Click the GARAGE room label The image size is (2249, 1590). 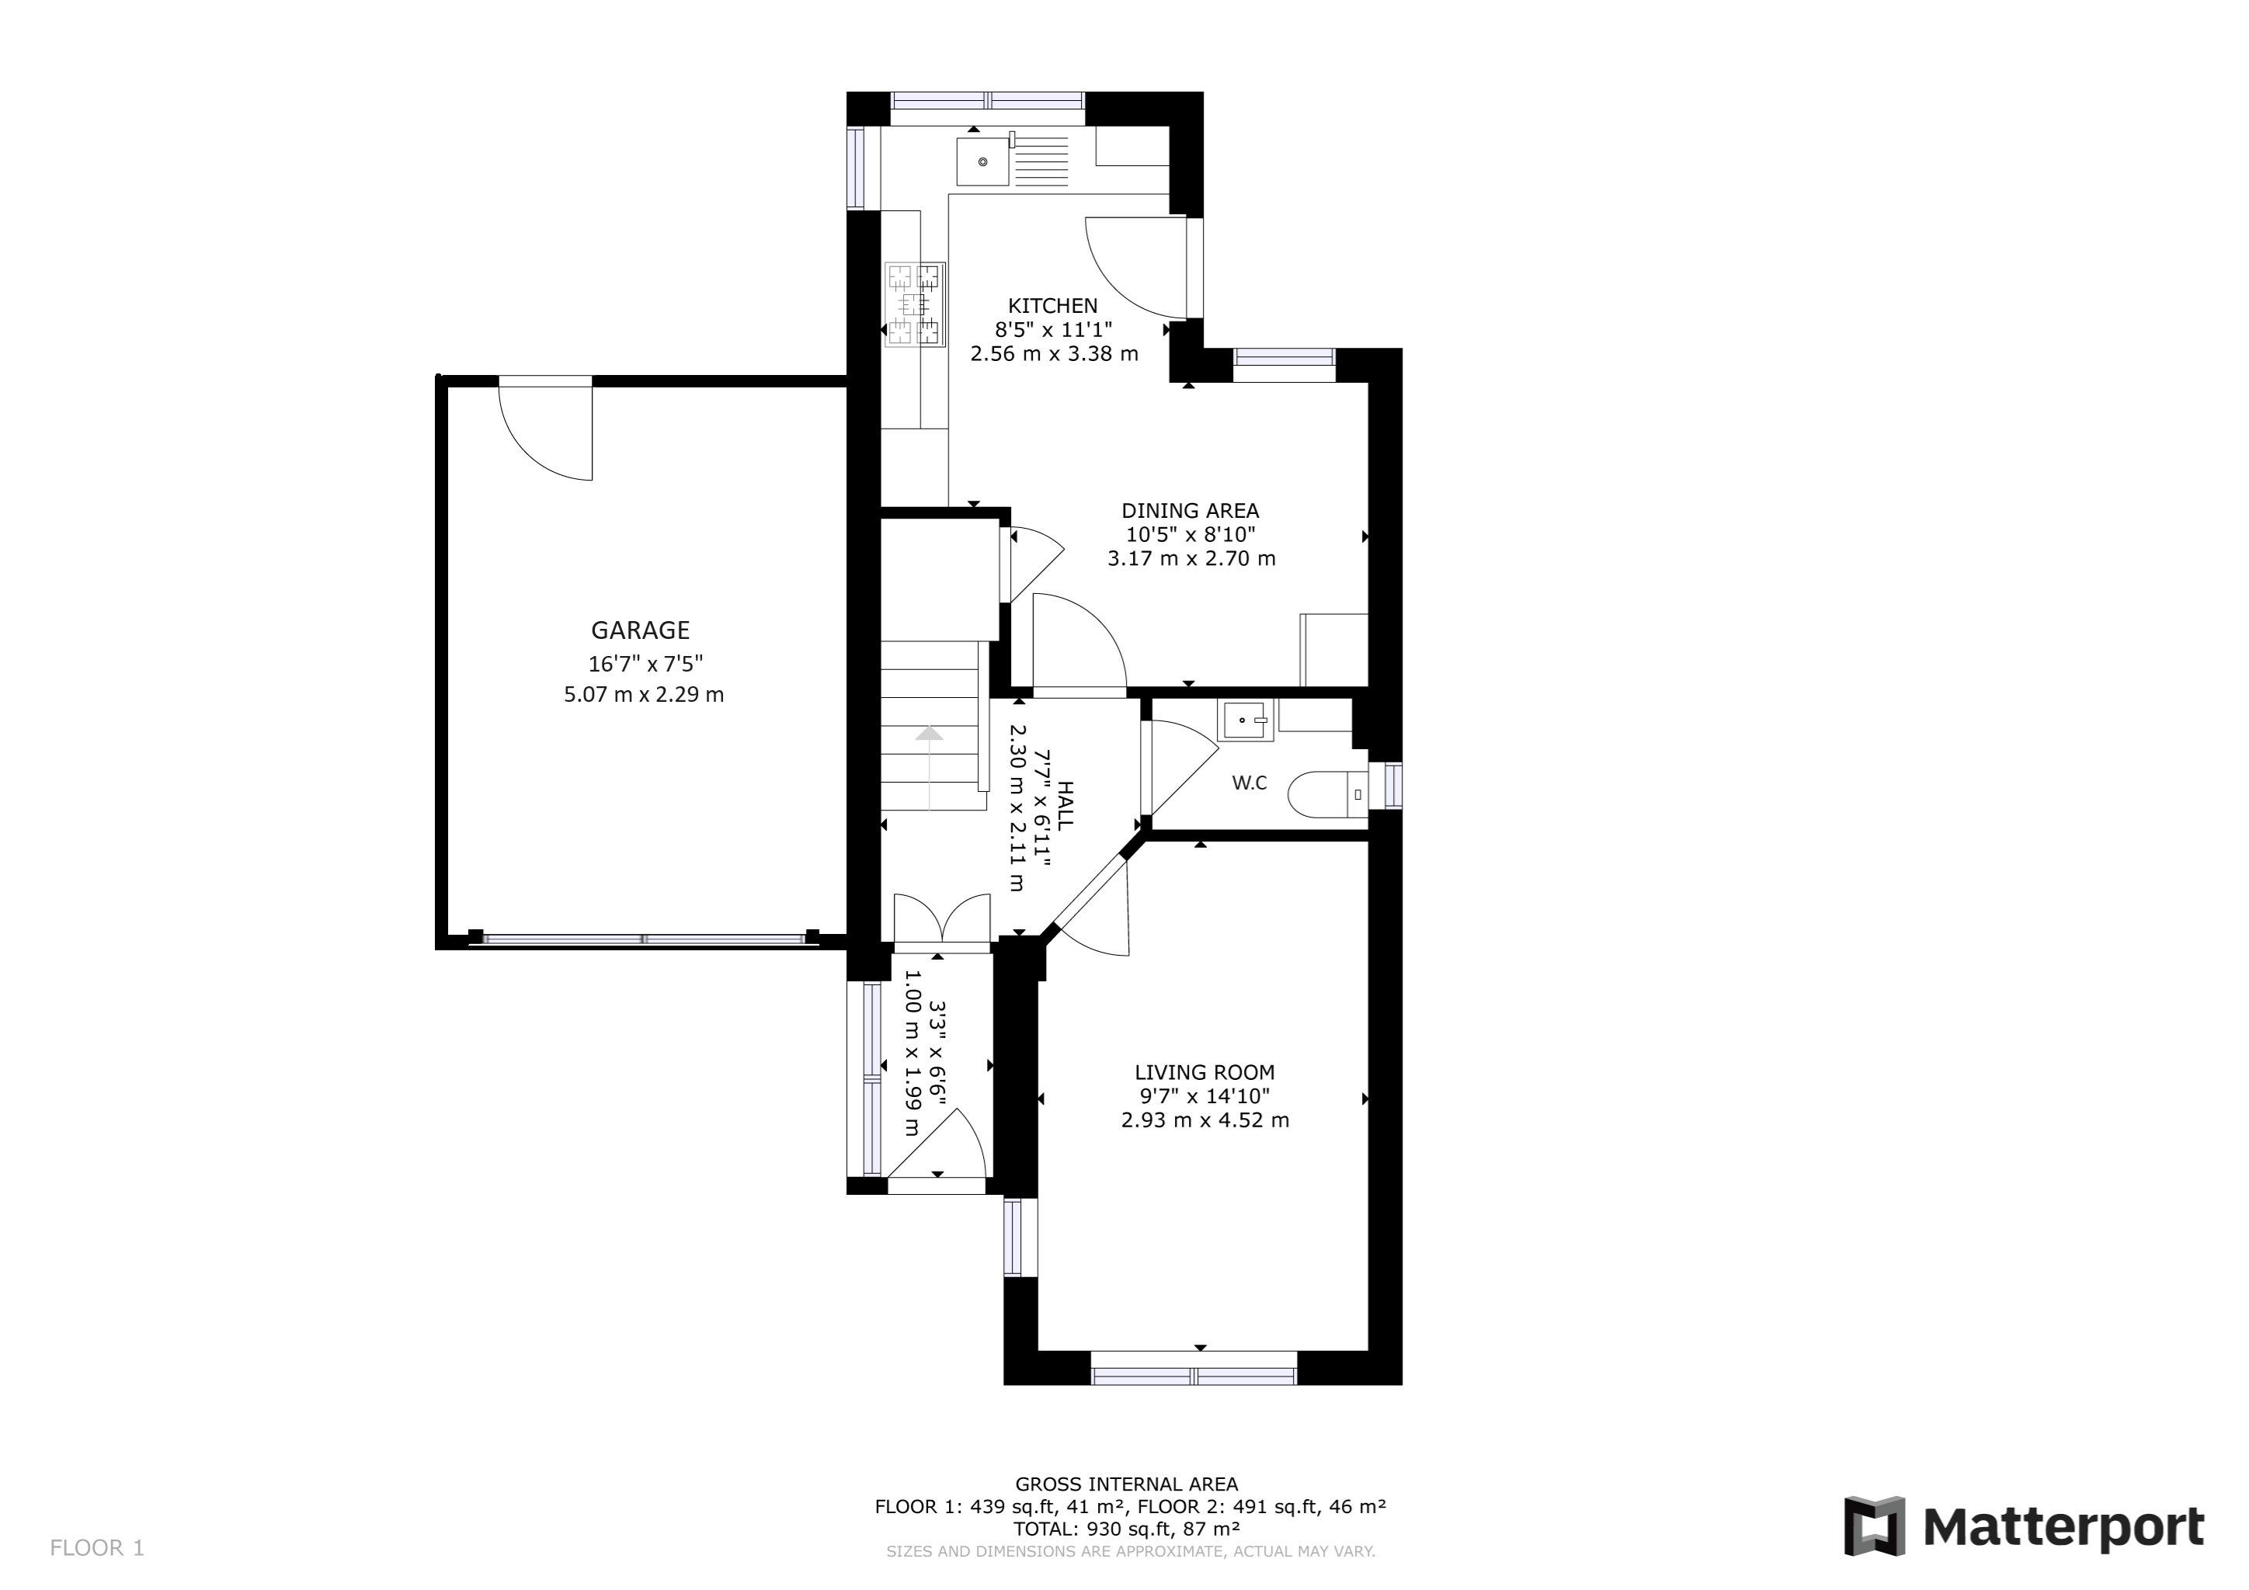coord(641,630)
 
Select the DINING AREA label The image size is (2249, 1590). coord(1191,511)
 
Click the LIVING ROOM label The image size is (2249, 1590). coord(1204,1073)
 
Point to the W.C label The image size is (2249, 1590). coord(1249,783)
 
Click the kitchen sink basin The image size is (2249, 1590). coord(982,161)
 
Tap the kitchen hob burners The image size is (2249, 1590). coord(915,304)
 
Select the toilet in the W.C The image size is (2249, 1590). coord(1327,794)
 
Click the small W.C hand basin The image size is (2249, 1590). coord(1245,720)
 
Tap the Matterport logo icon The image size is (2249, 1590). coord(1874,1526)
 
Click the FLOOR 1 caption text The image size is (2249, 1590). coord(97,1548)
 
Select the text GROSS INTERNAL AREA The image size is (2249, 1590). coord(1127,1484)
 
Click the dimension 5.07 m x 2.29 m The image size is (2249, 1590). coord(644,695)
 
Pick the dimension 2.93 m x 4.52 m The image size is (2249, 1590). coord(1204,1120)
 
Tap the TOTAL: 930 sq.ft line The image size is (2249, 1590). coord(1127,1529)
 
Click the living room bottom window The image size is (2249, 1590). coord(1194,1368)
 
